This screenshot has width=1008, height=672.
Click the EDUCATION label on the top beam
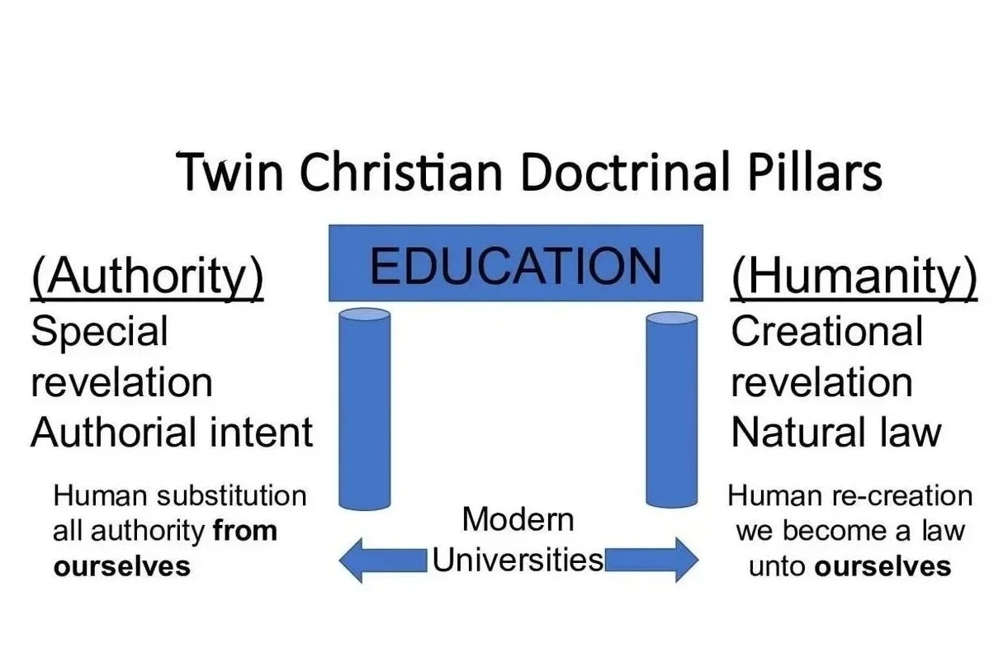point(516,266)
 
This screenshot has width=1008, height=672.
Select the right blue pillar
point(671,409)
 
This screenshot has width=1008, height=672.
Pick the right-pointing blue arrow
point(652,560)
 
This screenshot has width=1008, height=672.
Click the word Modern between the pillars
point(518,520)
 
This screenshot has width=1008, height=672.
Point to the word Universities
point(518,560)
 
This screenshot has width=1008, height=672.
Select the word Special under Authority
point(99,332)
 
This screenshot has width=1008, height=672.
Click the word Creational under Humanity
point(826,332)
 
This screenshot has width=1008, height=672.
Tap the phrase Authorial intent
point(172,433)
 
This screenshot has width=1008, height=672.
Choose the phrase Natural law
point(835,433)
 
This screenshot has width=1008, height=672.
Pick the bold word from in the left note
point(245,531)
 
